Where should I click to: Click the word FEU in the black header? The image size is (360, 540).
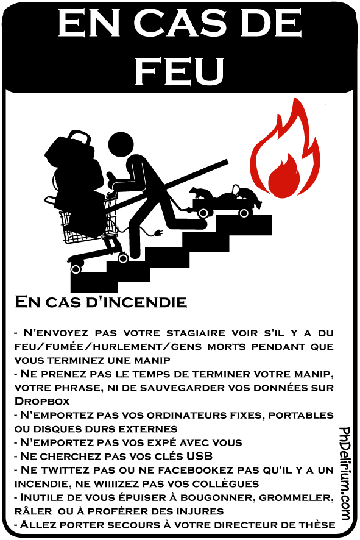pyautogui.click(x=179, y=71)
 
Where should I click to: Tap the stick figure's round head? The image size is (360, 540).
pyautogui.click(x=121, y=145)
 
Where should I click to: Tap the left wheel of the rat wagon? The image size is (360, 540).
pyautogui.click(x=203, y=213)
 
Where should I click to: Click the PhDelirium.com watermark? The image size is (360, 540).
pyautogui.click(x=345, y=473)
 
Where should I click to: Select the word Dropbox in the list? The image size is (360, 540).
pyautogui.click(x=42, y=401)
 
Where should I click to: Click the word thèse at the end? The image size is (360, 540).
pyautogui.click(x=317, y=525)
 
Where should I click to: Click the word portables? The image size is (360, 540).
pyautogui.click(x=301, y=415)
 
